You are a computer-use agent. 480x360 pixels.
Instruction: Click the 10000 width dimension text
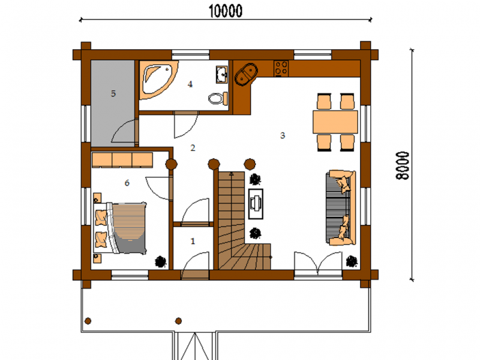pos(226,11)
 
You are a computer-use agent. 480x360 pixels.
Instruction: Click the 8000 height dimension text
pos(402,166)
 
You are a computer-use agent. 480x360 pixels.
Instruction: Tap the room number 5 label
pos(113,94)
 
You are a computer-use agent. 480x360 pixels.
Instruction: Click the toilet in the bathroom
pos(218,98)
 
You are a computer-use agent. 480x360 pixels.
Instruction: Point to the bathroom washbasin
pos(221,74)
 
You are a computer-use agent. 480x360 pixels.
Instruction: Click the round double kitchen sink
pos(246,74)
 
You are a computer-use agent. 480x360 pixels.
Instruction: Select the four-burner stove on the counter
pos(281,68)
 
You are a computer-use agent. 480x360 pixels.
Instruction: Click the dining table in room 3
pos(335,122)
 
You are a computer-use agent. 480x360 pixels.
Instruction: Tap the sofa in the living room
pos(341,208)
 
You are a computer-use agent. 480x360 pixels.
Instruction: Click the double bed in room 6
pos(120,228)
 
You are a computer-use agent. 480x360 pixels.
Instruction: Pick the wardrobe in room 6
pos(122,160)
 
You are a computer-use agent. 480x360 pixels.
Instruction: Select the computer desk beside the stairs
pos(256,203)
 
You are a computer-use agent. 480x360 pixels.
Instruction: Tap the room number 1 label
pos(193,241)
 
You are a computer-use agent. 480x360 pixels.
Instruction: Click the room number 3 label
pos(283,136)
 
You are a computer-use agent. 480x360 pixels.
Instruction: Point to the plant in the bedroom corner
pos(160,262)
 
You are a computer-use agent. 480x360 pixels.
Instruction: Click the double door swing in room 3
pos(318,263)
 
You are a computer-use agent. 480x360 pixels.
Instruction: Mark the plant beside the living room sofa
pos(352,262)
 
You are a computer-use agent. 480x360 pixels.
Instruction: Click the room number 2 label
pos(193,148)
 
